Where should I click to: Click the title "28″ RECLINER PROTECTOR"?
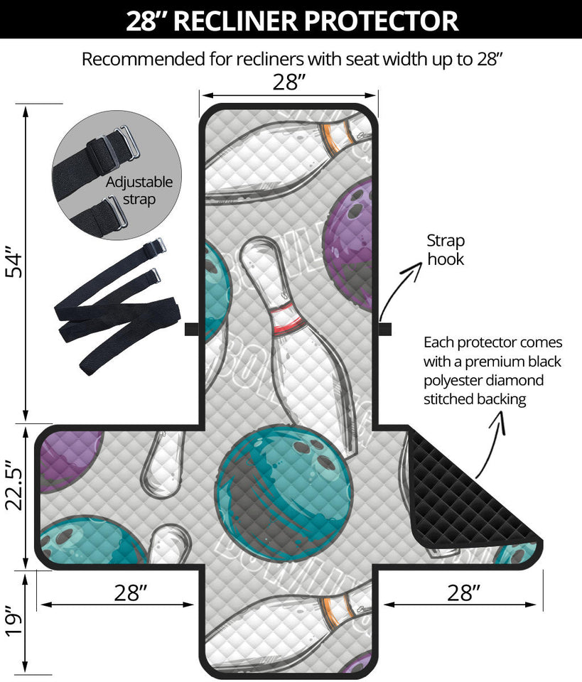pyautogui.click(x=291, y=20)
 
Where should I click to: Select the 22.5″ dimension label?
pyautogui.click(x=15, y=489)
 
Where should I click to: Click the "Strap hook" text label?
pyautogui.click(x=446, y=250)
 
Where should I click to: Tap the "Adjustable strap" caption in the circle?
pyautogui.click(x=139, y=191)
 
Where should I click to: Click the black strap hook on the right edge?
pyautogui.click(x=384, y=329)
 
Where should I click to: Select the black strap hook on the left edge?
pyautogui.click(x=191, y=329)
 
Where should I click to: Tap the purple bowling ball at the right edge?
pyautogui.click(x=352, y=242)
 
